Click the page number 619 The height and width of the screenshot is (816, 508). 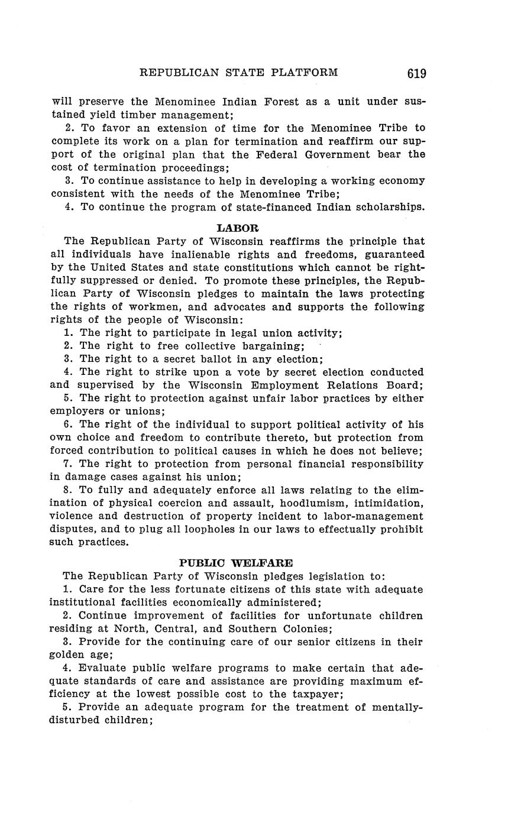click(x=416, y=73)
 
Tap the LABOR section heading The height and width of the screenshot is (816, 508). click(x=238, y=228)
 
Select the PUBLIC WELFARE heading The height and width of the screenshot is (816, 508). click(x=236, y=563)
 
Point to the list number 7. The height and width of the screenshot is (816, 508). click(x=67, y=464)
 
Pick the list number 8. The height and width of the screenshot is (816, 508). click(x=67, y=490)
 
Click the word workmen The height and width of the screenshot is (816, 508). click(x=162, y=307)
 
